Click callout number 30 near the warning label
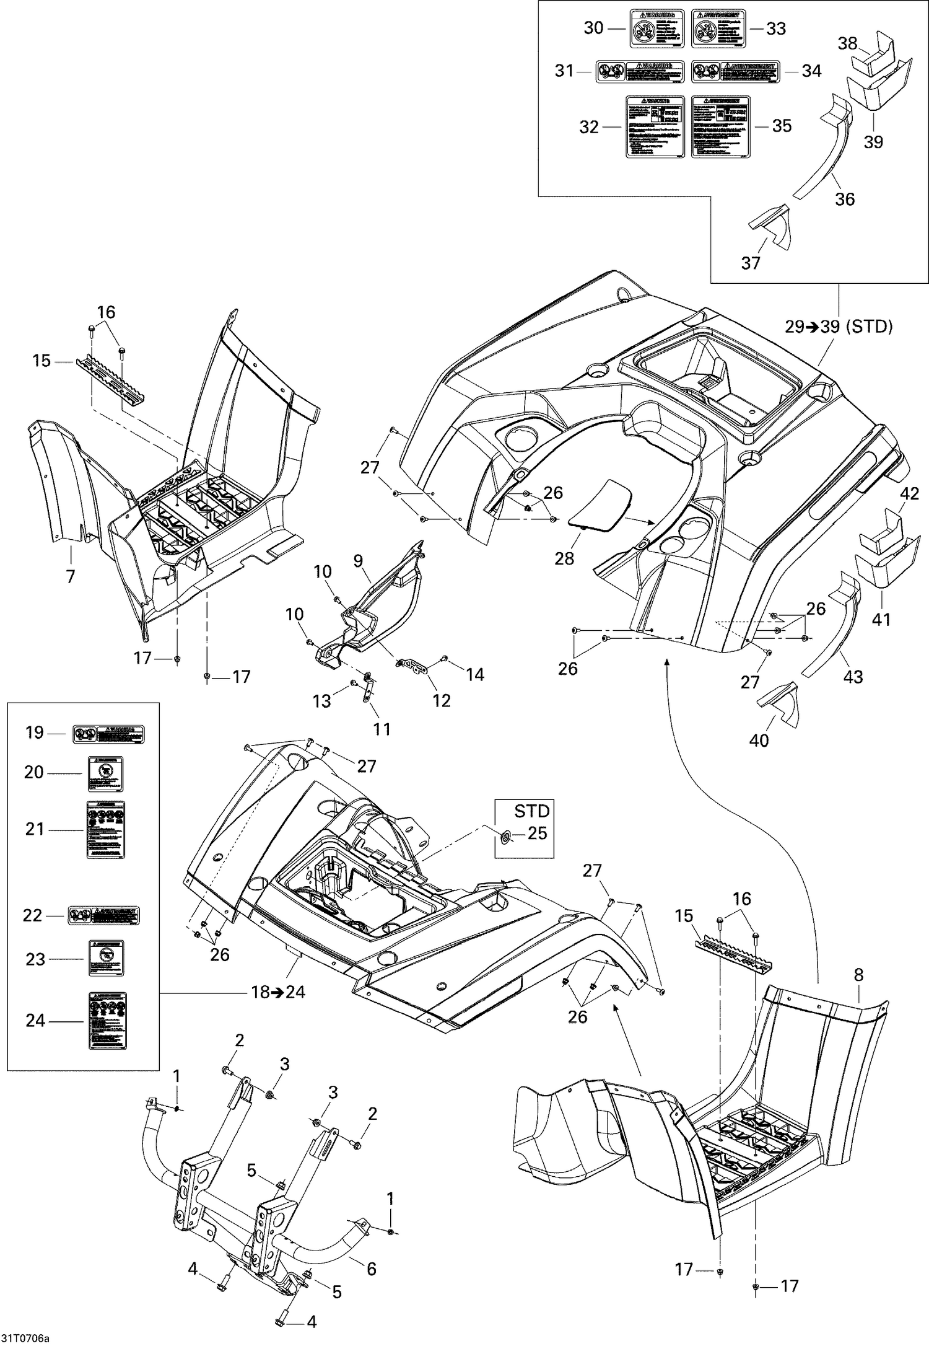point(593,28)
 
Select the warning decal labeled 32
point(656,126)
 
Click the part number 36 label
point(845,199)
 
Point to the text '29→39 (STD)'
point(839,327)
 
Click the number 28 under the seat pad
point(564,558)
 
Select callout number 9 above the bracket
point(358,561)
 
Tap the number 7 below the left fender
point(71,576)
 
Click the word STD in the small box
point(532,811)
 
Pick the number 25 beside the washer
point(537,834)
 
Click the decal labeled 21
point(105,830)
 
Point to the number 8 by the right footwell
point(858,975)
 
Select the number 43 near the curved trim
point(853,677)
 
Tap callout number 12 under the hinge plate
point(441,700)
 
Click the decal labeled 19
point(108,734)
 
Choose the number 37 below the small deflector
point(750,263)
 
